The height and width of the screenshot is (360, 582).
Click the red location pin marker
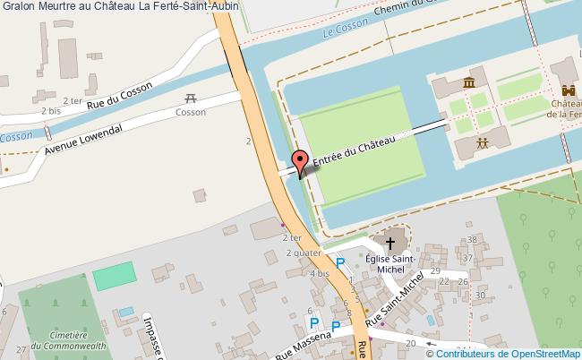[301, 161]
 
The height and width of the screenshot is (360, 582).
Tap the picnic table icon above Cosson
[190, 99]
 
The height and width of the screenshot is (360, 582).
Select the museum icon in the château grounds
[468, 84]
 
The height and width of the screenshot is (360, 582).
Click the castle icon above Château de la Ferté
[569, 90]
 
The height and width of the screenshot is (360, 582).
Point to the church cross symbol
[389, 242]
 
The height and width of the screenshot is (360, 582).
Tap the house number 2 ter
[291, 238]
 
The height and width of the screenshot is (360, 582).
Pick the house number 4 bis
[318, 272]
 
